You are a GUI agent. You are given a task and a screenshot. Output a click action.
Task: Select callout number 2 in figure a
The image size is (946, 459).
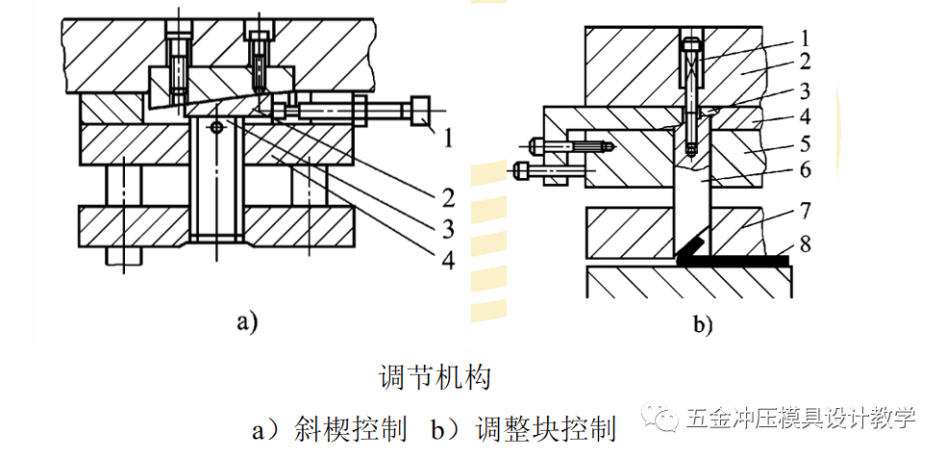(x=447, y=198)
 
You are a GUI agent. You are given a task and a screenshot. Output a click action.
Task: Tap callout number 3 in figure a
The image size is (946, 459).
(x=447, y=229)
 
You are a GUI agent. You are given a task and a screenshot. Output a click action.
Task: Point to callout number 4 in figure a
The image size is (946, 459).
(x=447, y=259)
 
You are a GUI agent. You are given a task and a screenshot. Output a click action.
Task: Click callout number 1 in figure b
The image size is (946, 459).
(x=805, y=38)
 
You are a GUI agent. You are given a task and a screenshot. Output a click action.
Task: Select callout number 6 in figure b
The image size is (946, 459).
(x=805, y=169)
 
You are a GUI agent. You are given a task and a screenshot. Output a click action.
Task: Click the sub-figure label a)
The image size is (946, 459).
(x=247, y=322)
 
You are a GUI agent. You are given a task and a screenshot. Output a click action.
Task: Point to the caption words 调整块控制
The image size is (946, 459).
(x=545, y=428)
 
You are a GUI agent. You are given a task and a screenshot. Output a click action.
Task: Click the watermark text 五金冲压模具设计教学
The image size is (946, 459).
(x=800, y=419)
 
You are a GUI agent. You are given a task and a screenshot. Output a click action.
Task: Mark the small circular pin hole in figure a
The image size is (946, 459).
(x=218, y=126)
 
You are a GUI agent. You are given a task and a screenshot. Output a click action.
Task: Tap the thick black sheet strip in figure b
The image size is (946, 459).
(x=740, y=259)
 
